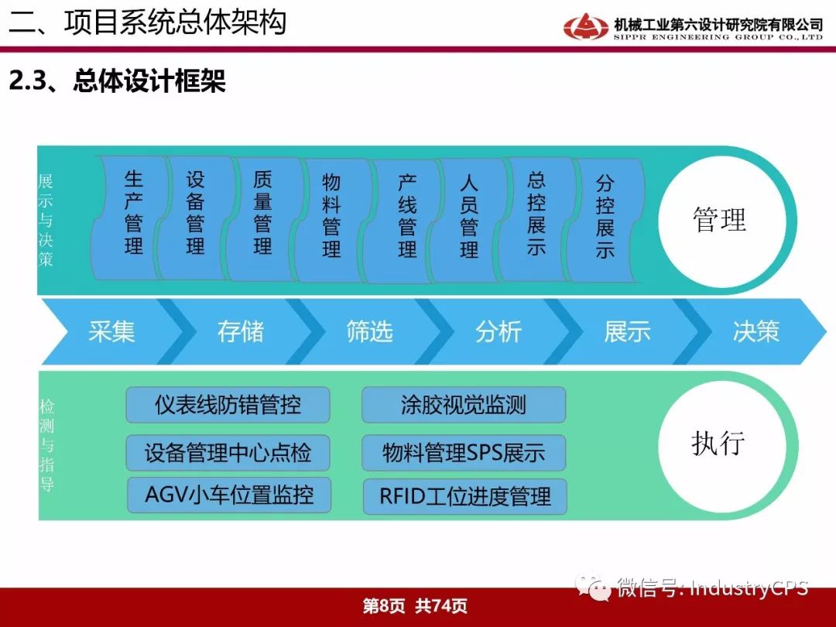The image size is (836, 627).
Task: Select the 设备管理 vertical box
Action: [x=195, y=218]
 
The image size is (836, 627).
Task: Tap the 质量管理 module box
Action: [x=262, y=218]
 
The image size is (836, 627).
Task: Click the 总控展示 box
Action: [x=536, y=219]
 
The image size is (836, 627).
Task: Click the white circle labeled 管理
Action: [x=722, y=221]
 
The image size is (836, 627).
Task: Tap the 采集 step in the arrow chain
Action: [x=111, y=331]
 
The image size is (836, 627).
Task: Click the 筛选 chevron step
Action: [x=369, y=331]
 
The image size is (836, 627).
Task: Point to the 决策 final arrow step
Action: [x=756, y=331]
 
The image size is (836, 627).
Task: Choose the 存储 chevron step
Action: [x=241, y=331]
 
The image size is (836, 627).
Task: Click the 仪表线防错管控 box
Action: [x=228, y=405]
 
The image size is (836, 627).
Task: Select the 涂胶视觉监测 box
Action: [x=464, y=405]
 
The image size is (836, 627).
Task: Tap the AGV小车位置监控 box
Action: [x=229, y=495]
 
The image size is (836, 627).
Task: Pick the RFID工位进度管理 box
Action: [x=465, y=496]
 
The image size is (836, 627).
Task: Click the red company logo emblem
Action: [x=585, y=26]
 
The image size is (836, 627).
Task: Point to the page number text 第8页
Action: [x=383, y=605]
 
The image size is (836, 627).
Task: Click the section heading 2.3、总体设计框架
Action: [x=118, y=81]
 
